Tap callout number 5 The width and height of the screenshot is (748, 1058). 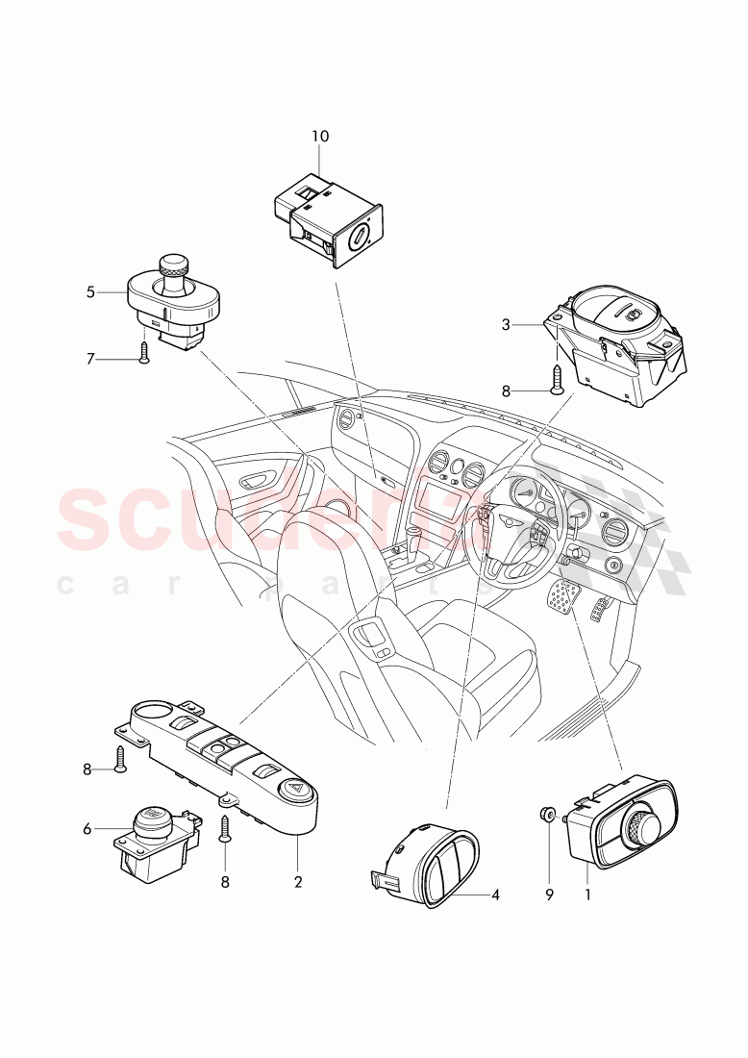point(90,291)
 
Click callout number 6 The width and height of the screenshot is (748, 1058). point(87,828)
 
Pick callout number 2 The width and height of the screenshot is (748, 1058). point(298,881)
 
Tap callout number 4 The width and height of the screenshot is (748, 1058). point(495,894)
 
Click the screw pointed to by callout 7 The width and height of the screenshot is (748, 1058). point(143,355)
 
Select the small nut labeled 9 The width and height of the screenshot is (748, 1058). point(545,818)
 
